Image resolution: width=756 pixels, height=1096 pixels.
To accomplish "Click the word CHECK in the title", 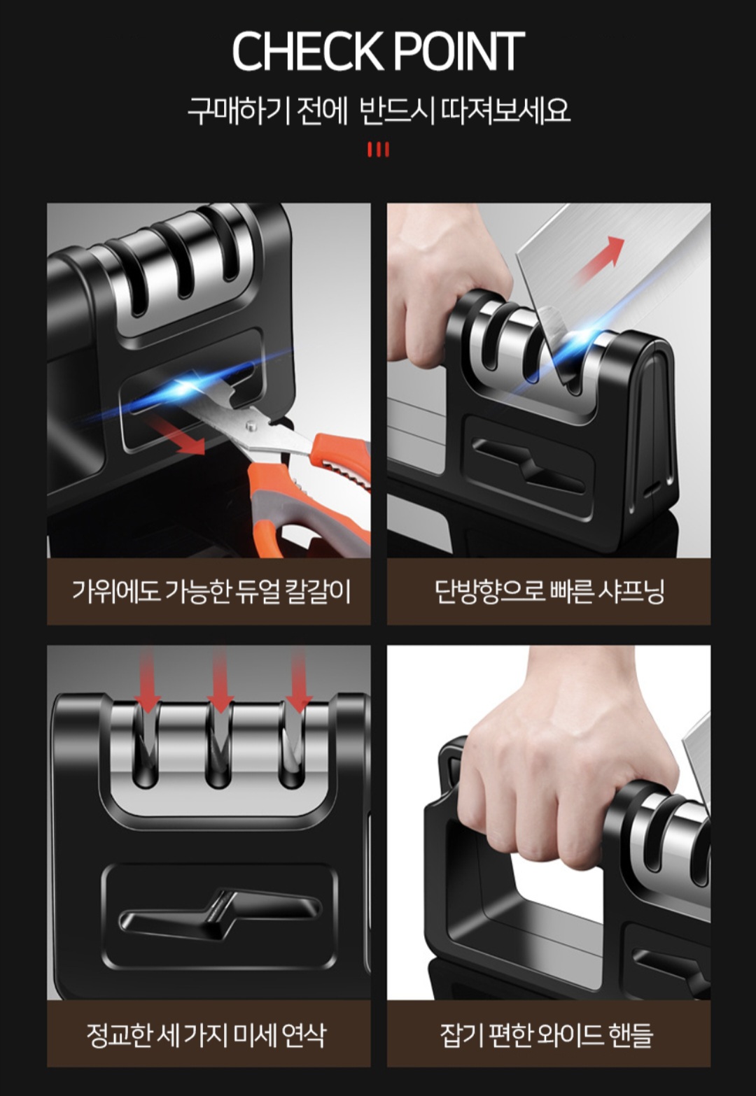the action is click(307, 51).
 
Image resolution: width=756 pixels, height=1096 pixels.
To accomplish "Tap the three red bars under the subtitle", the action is click(378, 150).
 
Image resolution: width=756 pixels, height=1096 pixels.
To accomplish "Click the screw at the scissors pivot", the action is click(252, 426).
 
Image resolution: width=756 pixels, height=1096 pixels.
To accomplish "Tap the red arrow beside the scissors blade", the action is click(177, 434).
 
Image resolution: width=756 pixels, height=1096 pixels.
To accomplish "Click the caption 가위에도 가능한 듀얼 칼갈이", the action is click(211, 591).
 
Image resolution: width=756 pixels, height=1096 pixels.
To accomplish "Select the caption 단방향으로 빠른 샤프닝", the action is click(549, 591).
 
